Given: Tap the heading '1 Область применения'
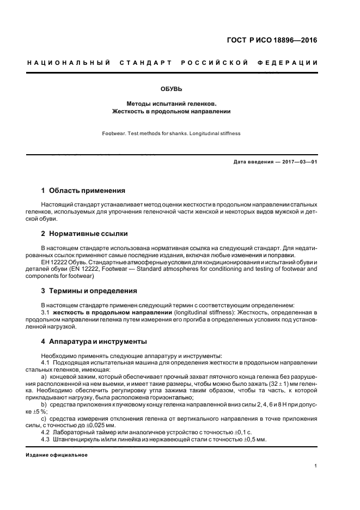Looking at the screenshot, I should pos(83,191).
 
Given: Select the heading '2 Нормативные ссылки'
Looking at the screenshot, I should pos(84,234).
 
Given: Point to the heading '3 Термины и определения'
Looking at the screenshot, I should pos(89,290).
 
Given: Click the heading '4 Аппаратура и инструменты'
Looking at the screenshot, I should pos(94,342).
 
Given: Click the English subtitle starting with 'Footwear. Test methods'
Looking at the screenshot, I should pos(171,133).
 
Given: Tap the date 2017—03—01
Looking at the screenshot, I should pos(298,162).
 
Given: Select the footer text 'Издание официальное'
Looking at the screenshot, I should pos(57,454).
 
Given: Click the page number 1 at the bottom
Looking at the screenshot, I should pos(316,466).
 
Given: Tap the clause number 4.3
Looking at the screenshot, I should pos(46,439).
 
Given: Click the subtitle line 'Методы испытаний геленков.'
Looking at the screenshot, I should pos(172,102).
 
